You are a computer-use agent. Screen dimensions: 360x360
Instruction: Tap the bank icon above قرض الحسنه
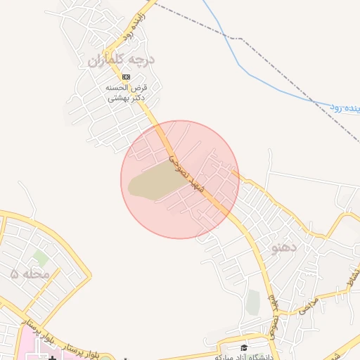126,76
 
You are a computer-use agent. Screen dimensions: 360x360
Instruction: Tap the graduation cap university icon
244,348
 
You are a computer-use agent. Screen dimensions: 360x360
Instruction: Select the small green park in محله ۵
40,257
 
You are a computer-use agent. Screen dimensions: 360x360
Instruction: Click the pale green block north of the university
252,302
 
